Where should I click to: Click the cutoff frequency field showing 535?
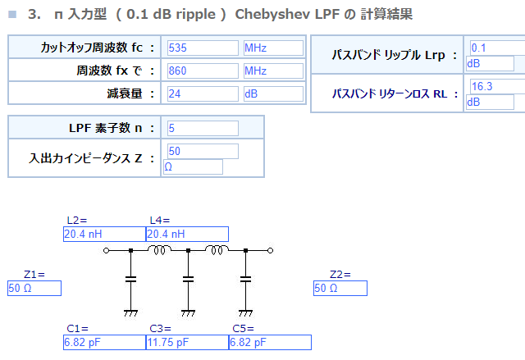tap(203, 48)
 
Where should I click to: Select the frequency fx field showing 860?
tap(203, 71)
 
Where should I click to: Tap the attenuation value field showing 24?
tap(203, 93)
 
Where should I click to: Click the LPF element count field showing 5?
tap(203, 128)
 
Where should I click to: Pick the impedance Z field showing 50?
tap(203, 151)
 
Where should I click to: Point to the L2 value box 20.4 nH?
tap(104, 234)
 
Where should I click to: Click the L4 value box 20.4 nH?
tap(187, 234)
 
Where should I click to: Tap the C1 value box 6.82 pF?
tap(104, 342)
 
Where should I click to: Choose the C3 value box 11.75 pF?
tap(187, 342)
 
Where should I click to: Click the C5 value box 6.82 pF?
tap(270, 342)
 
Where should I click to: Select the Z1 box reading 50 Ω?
tap(34, 288)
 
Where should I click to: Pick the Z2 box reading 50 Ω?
tap(340, 288)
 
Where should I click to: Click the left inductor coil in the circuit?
tap(159, 249)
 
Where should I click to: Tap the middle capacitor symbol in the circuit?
tap(188, 280)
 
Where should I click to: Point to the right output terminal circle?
tap(270, 250)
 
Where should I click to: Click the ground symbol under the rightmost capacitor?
tap(245, 313)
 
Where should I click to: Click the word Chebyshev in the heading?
tap(272, 15)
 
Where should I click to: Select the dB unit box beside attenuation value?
tap(273, 93)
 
